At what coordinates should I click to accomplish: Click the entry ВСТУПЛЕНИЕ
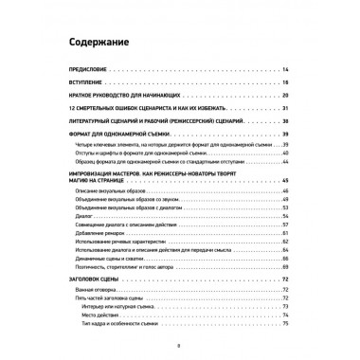[87, 85]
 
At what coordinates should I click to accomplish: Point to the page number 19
[284, 85]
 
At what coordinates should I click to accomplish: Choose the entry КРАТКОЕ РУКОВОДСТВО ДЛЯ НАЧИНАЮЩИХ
[122, 98]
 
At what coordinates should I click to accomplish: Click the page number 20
[284, 98]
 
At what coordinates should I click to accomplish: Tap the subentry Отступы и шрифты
[142, 152]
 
